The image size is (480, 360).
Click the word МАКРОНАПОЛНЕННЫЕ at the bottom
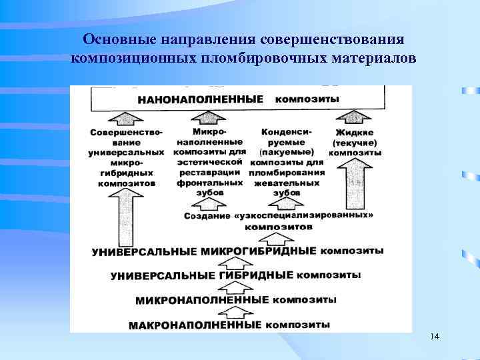click(195, 326)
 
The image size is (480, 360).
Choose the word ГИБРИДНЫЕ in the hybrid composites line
click(256, 275)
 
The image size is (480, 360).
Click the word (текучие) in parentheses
click(355, 143)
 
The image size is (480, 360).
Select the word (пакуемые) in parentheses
click(287, 152)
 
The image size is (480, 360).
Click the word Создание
click(206, 216)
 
